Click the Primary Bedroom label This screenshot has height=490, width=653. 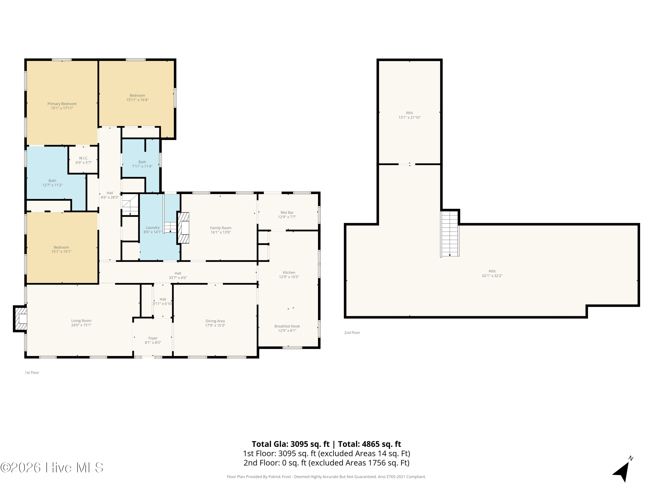coord(62,104)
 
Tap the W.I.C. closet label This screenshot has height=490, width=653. coord(84,158)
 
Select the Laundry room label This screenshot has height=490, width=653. coord(153,227)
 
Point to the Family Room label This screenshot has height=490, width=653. coord(220,228)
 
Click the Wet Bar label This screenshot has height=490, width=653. coord(287,212)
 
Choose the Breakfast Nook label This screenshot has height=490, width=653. coord(287,326)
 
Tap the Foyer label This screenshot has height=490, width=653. coord(153,338)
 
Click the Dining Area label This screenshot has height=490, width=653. coord(215,321)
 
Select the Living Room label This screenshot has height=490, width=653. coord(81,321)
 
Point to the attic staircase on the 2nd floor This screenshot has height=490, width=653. coord(450,233)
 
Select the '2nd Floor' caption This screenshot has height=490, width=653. coord(352,333)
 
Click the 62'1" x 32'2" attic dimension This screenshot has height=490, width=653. coord(492,275)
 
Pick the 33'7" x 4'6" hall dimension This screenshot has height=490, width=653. coord(178,278)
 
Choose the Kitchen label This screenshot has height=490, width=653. coord(289,272)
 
